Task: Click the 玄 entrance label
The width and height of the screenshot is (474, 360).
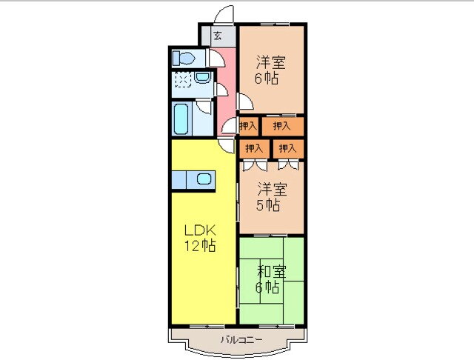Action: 218,36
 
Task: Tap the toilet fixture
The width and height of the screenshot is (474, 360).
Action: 184,59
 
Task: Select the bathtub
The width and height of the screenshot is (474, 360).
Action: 181,119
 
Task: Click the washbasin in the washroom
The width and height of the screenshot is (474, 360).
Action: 202,78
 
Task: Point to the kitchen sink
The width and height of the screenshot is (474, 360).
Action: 204,179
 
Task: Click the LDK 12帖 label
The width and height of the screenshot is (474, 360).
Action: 200,239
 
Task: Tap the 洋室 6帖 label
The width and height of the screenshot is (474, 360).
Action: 270,70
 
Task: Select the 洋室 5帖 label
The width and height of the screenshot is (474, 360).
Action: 271,197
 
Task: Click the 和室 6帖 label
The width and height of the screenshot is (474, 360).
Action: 270,279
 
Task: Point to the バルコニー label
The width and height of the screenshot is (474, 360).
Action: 241,340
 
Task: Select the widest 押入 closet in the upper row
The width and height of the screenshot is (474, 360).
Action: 282,126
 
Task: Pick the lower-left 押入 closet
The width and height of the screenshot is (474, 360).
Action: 254,148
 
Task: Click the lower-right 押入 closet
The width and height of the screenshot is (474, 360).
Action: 288,148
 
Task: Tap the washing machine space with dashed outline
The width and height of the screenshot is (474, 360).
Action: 183,79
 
